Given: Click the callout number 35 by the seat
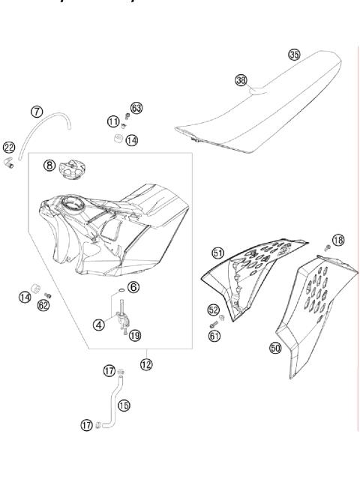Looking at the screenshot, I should pyautogui.click(x=294, y=55).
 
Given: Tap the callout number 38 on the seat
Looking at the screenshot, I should pyautogui.click(x=241, y=79).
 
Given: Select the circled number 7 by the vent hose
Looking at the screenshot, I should pyautogui.click(x=36, y=111).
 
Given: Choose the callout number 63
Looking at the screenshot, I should pyautogui.click(x=136, y=109).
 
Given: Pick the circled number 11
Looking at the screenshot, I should pyautogui.click(x=113, y=121).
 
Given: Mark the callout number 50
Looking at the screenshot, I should pyautogui.click(x=275, y=349).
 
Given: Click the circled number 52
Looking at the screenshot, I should pyautogui.click(x=214, y=309).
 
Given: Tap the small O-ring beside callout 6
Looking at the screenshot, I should pyautogui.click(x=118, y=292).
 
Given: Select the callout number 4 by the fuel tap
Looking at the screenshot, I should pyautogui.click(x=98, y=325).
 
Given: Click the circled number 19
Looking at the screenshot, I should pyautogui.click(x=135, y=336).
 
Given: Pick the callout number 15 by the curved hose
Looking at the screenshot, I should pyautogui.click(x=124, y=406).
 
